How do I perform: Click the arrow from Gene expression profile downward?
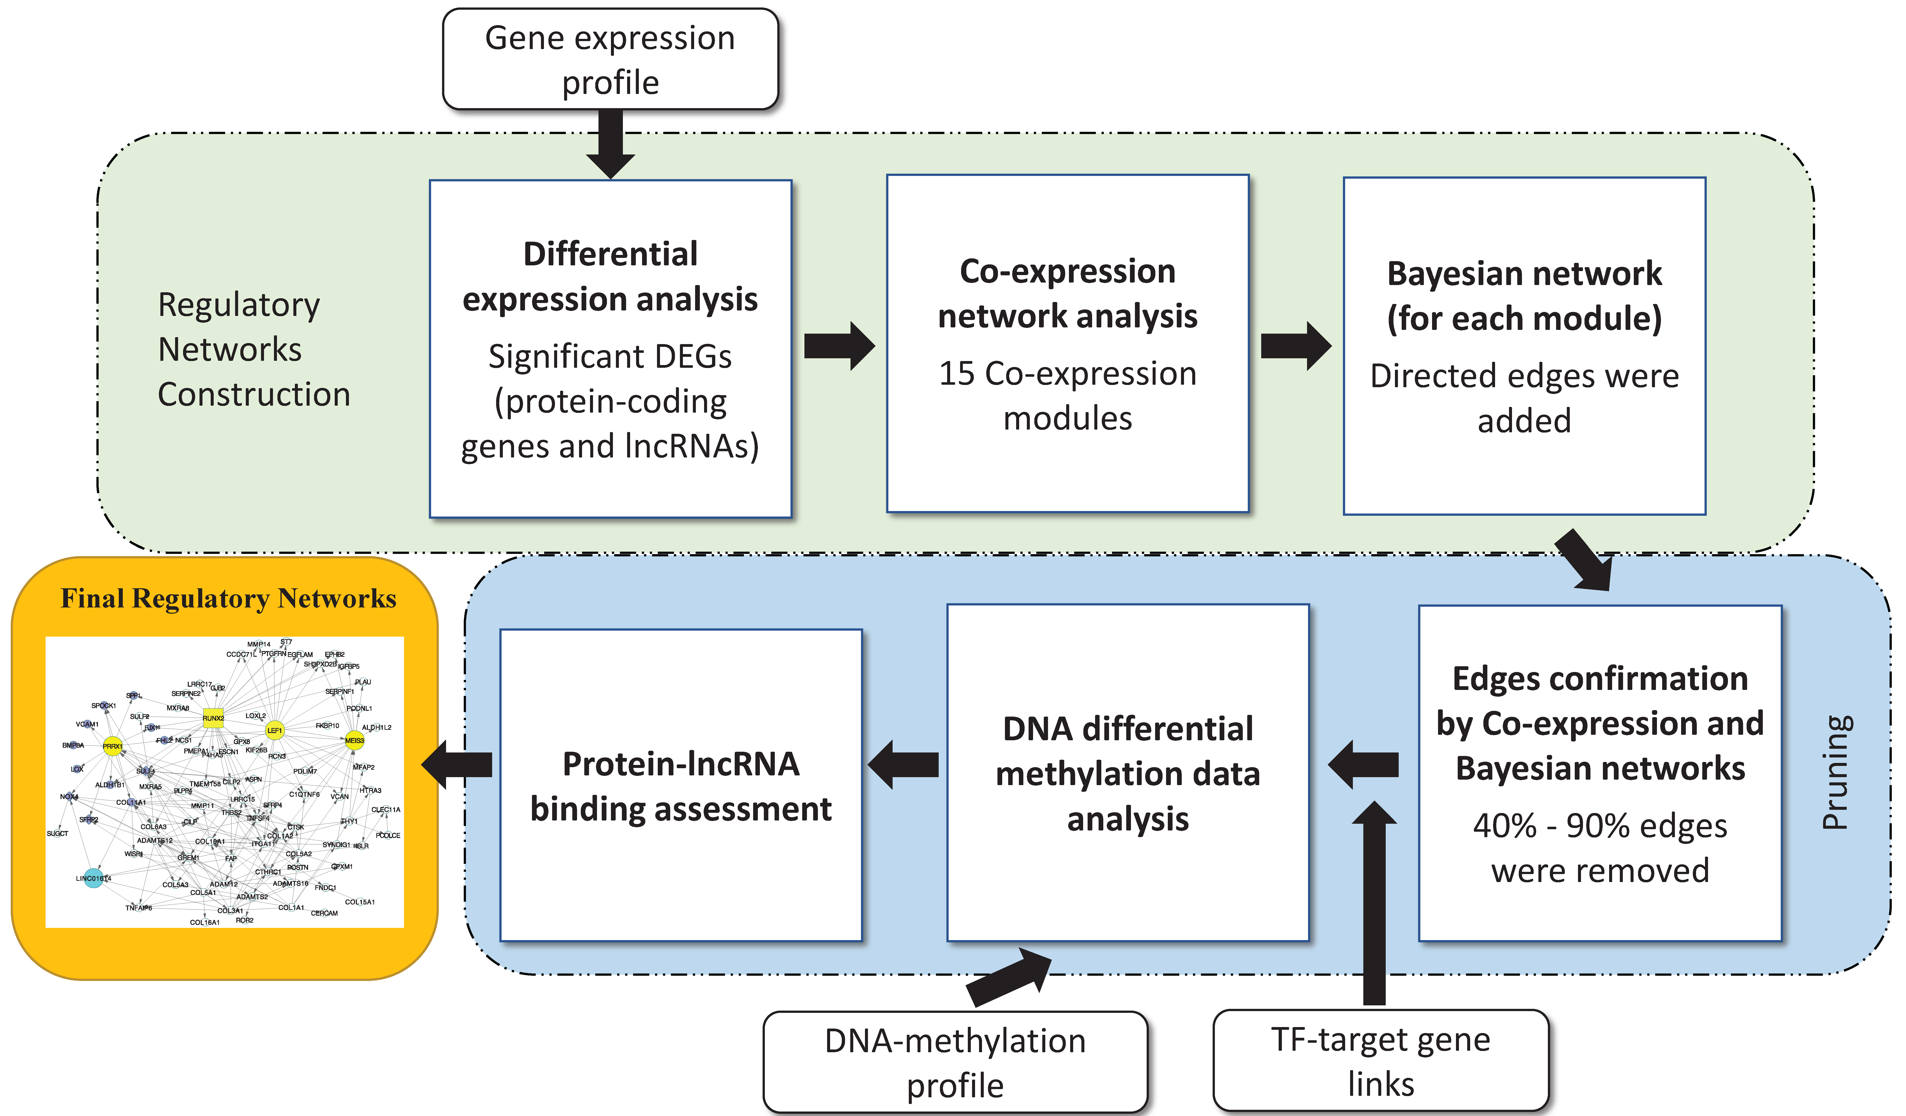click(x=610, y=144)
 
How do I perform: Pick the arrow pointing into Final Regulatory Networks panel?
click(x=458, y=764)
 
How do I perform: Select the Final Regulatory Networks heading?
click(x=228, y=598)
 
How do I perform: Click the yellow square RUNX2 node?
click(x=213, y=718)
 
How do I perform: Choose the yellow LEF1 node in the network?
click(x=274, y=730)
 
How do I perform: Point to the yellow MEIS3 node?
click(x=354, y=741)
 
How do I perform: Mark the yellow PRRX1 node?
click(x=113, y=746)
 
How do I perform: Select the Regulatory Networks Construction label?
click(x=253, y=350)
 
